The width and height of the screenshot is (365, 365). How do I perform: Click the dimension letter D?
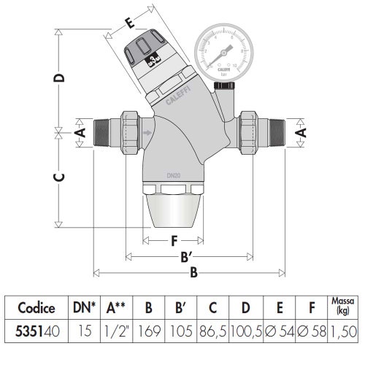(62, 77)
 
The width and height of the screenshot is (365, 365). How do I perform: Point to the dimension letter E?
(130, 23)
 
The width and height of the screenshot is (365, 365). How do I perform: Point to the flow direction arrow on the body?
(150, 132)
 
